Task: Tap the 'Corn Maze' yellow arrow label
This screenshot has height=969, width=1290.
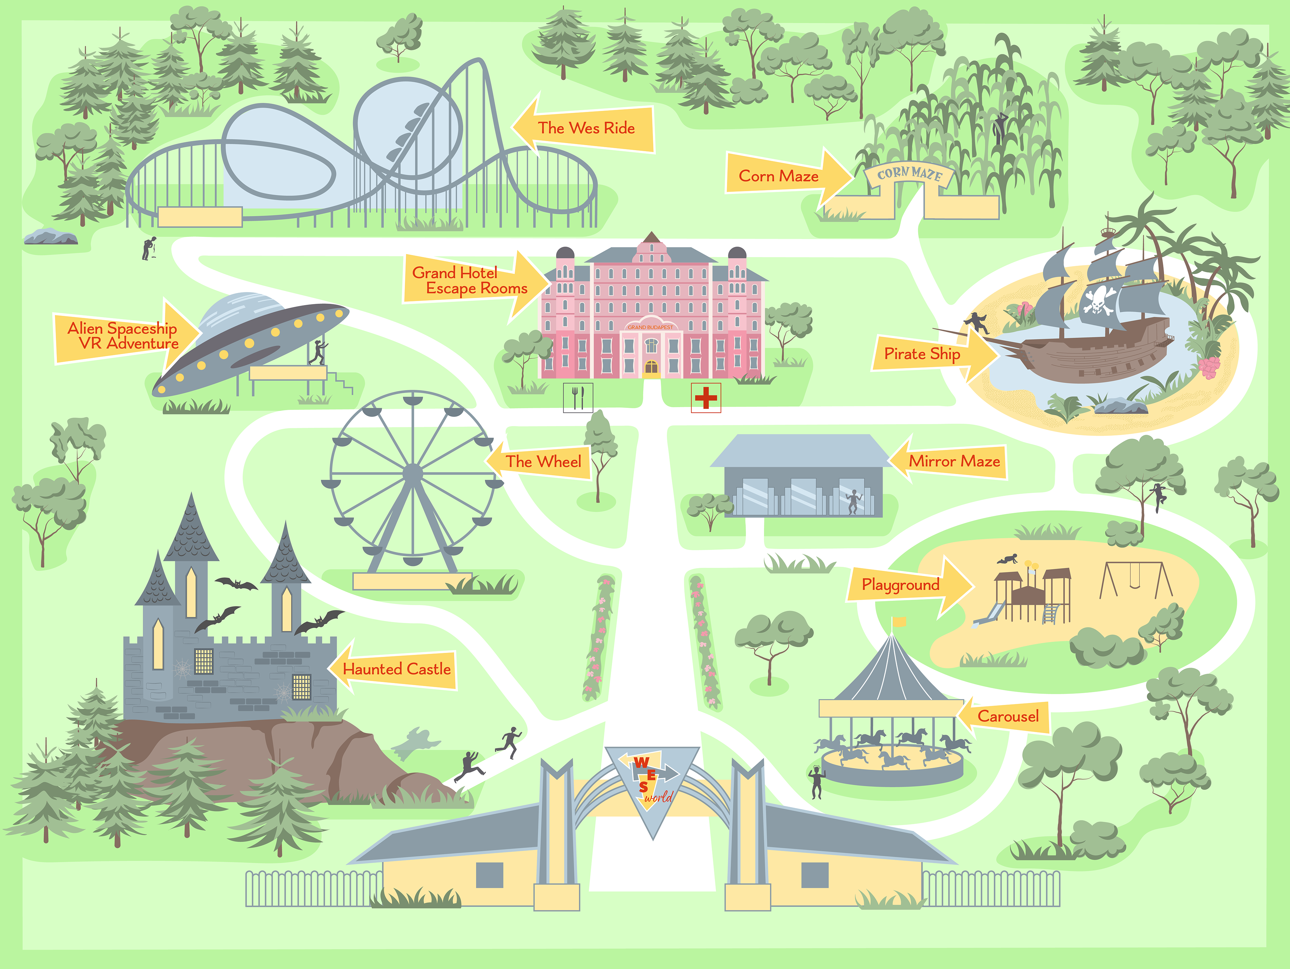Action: click(x=779, y=176)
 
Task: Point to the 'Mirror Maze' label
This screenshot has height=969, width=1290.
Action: click(x=954, y=461)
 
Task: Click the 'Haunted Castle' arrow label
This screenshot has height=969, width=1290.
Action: click(x=396, y=669)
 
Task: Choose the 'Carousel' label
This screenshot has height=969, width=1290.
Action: click(x=1008, y=716)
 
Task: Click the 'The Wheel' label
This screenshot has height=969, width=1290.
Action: click(x=543, y=461)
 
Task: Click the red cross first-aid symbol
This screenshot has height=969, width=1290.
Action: click(x=706, y=398)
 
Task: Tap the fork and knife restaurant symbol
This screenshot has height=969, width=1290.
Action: click(x=578, y=398)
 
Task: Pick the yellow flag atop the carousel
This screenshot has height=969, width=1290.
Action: click(x=899, y=622)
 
